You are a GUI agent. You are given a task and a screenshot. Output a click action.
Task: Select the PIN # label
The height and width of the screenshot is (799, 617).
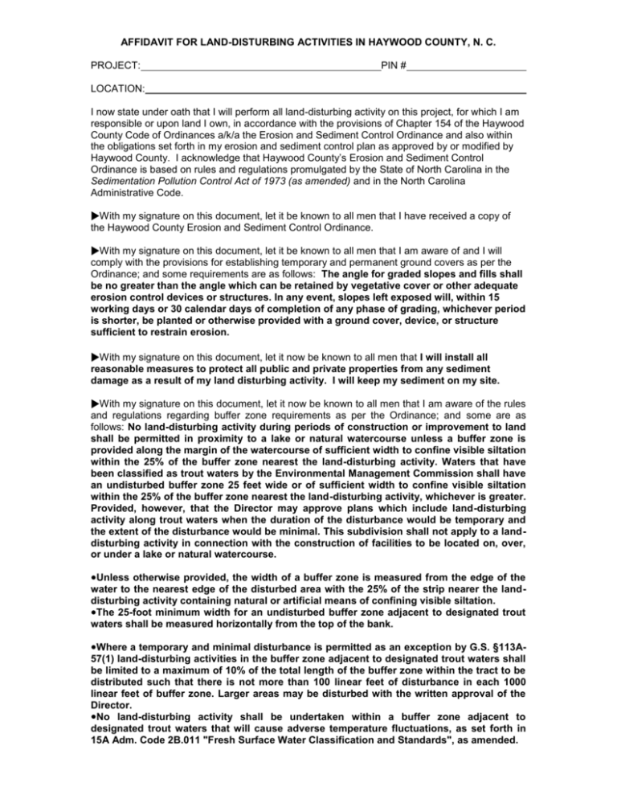coord(393,63)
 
